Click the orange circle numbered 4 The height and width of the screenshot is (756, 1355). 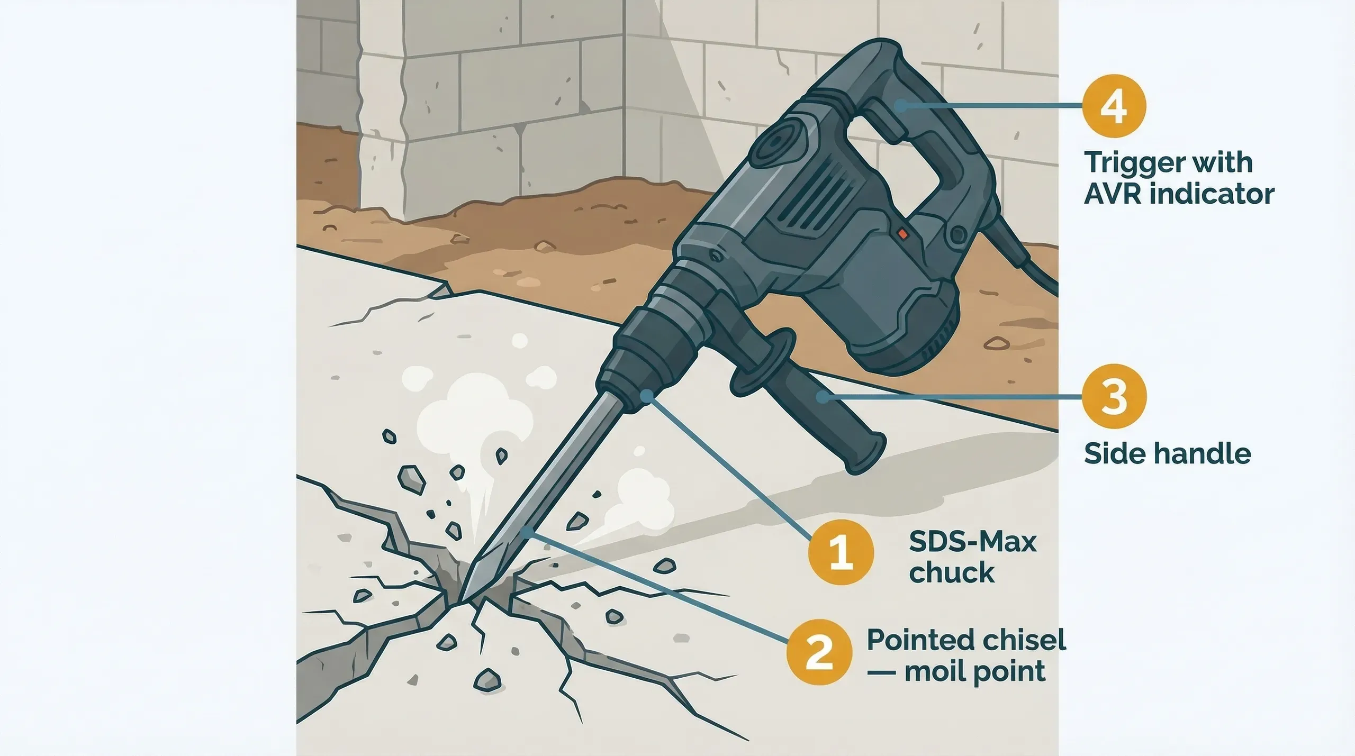click(1114, 106)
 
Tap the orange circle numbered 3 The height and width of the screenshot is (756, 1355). click(1114, 396)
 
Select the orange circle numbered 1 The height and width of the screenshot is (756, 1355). click(841, 552)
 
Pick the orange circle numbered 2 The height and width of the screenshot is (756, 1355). click(819, 652)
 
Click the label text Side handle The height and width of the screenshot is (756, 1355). click(1167, 454)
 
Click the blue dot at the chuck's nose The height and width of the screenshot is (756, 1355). click(646, 395)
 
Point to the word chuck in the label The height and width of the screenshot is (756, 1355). click(951, 573)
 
